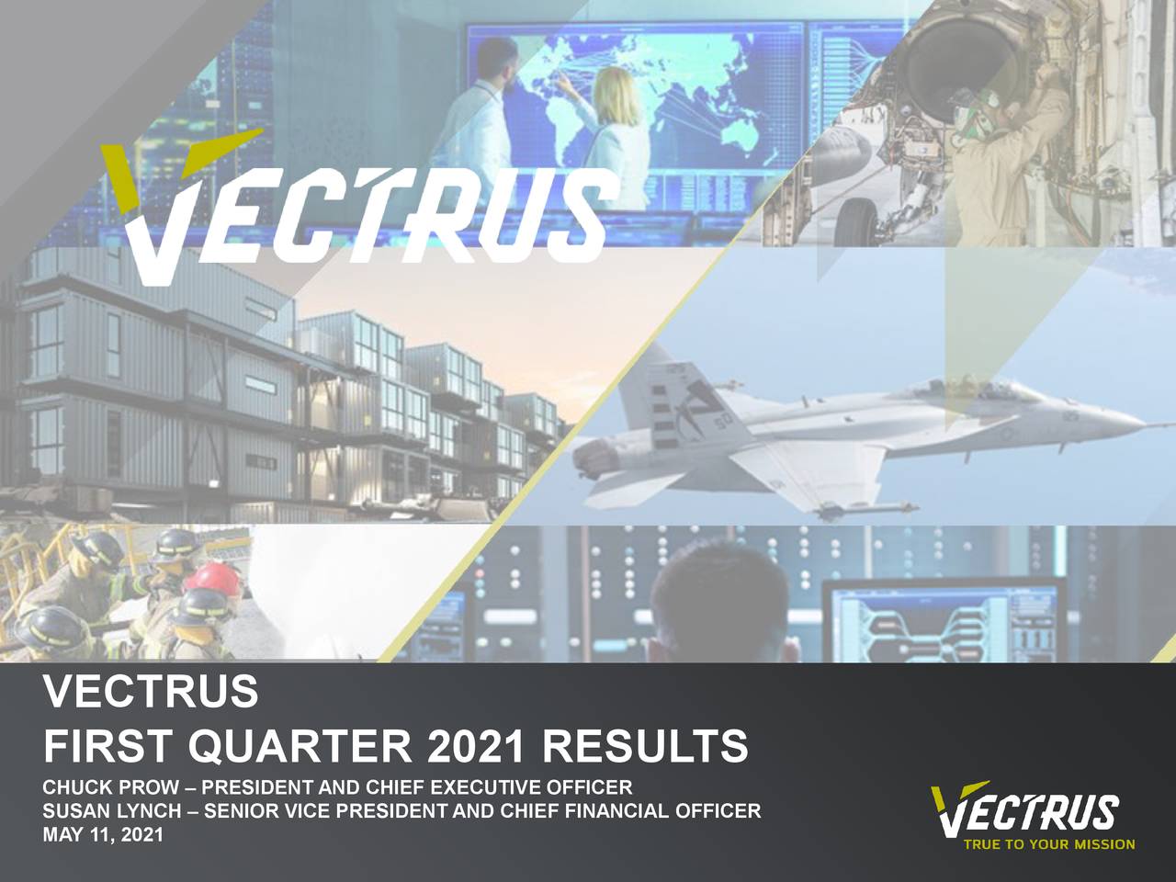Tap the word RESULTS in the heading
(x=644, y=746)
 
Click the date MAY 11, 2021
(x=103, y=835)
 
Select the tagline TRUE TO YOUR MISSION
(x=1048, y=844)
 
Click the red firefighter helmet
(x=212, y=578)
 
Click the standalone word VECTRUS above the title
(x=151, y=692)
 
